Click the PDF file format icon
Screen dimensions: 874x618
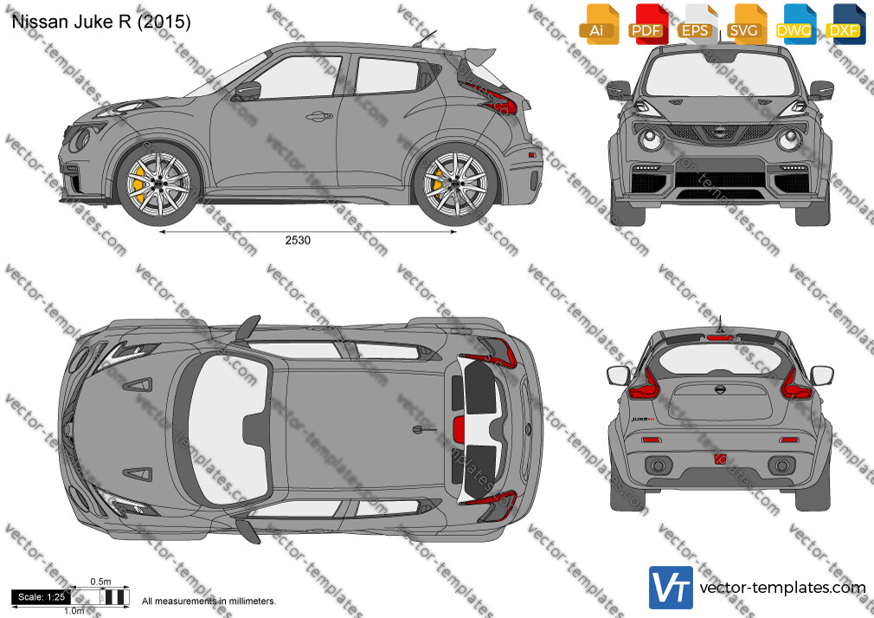coord(647,23)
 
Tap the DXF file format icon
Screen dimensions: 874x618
coord(845,23)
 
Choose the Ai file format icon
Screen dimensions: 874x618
coord(598,23)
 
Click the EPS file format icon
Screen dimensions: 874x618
coord(697,23)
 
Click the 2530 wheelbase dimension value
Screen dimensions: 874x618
coord(298,241)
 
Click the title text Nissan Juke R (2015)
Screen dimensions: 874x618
coord(101,21)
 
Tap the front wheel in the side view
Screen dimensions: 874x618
coord(158,183)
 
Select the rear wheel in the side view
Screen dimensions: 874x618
coord(455,183)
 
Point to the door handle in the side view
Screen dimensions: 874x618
coord(318,116)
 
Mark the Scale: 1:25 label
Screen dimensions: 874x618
coord(42,597)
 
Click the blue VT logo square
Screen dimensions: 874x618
coord(671,588)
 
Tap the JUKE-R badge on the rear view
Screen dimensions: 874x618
coord(643,419)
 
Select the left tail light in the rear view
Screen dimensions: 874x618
coord(644,385)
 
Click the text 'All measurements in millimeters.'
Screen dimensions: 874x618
coord(209,602)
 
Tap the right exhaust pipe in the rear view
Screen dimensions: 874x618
coord(781,465)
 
